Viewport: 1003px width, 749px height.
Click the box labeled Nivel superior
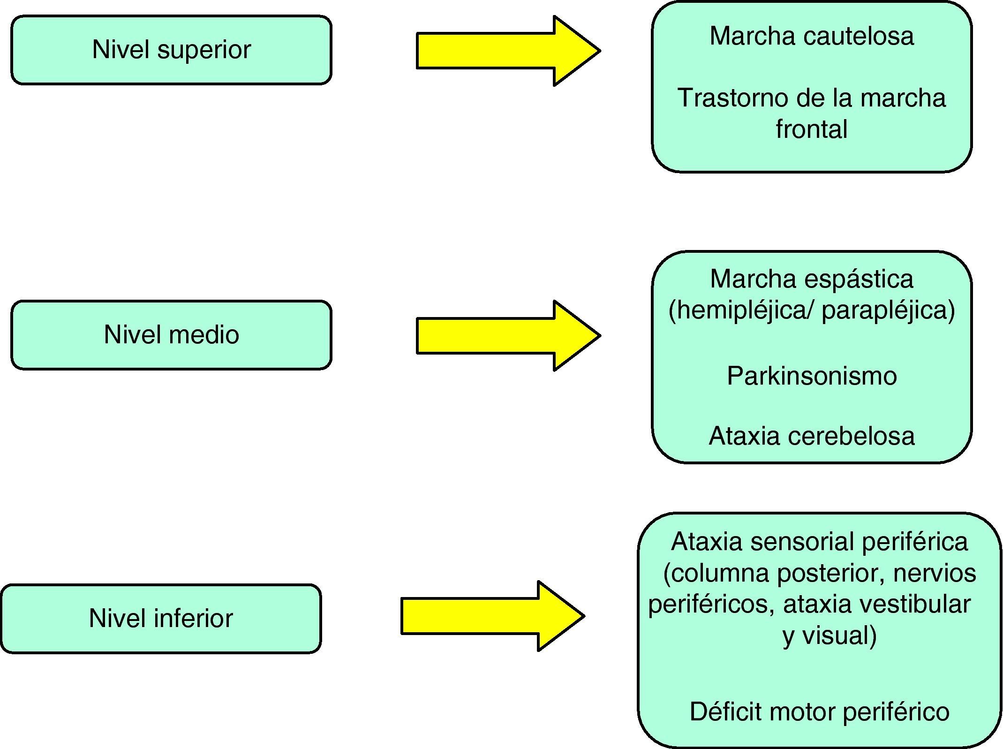click(x=171, y=50)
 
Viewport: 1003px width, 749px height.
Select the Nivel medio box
click(x=171, y=335)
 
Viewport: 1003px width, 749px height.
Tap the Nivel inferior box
click(x=161, y=619)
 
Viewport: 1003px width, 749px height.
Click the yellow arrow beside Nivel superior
click(x=508, y=51)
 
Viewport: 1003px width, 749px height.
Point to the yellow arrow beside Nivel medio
click(x=508, y=336)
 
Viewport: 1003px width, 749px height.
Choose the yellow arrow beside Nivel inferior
click(x=493, y=616)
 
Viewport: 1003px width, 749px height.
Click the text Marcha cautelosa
click(x=812, y=36)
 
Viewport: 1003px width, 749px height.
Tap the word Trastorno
click(x=734, y=98)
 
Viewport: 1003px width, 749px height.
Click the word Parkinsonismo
click(x=812, y=376)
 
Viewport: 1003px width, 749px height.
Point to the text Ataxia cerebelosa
click(x=812, y=436)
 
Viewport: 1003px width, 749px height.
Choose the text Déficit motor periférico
click(x=820, y=711)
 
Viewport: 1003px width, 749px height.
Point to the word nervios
click(x=935, y=573)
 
